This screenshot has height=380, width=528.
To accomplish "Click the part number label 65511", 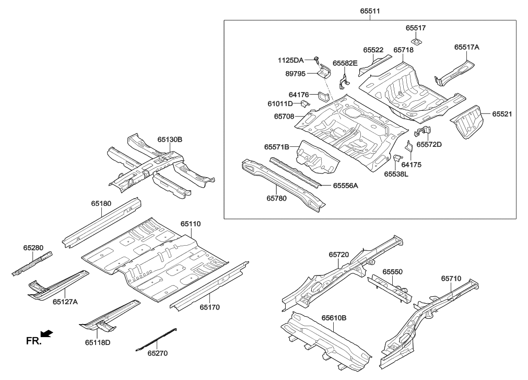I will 370,10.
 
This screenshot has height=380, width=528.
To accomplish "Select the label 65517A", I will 466,47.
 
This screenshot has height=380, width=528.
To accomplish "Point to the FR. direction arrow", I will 48,333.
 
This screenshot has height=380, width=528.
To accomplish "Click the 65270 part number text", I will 157,353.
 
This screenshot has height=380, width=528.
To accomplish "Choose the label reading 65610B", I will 334,317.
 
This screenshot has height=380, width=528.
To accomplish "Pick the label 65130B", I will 170,140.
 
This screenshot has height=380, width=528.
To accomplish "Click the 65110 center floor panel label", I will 191,224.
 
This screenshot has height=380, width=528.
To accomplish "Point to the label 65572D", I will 429,144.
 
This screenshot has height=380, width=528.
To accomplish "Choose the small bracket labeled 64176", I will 322,96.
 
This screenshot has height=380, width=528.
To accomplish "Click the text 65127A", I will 65,301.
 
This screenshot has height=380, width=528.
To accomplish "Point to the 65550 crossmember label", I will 392,272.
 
